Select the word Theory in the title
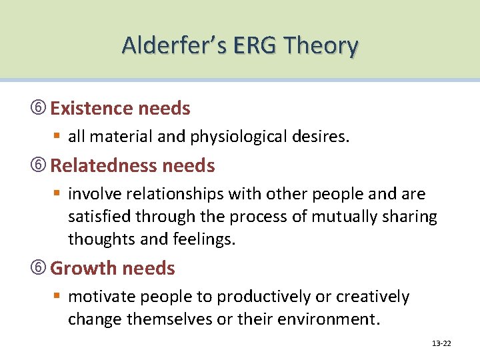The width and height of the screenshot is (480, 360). click(x=322, y=46)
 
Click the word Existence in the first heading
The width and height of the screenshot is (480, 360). click(x=91, y=108)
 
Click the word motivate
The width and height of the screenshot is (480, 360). click(x=98, y=297)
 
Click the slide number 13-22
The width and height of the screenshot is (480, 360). click(x=441, y=343)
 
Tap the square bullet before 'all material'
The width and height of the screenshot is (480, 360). click(x=59, y=137)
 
